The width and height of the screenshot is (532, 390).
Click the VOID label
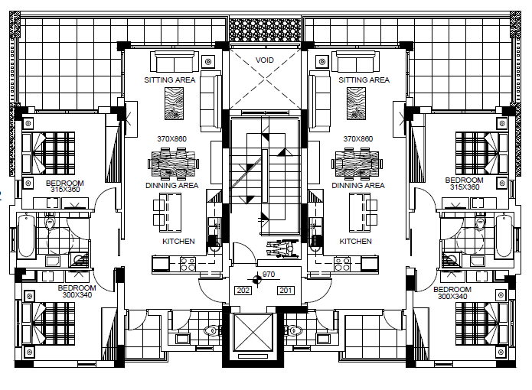tap(264, 60)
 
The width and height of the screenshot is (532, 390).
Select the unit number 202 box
tap(243, 291)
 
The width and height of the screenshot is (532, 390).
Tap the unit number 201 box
tap(286, 291)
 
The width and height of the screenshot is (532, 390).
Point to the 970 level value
tap(269, 274)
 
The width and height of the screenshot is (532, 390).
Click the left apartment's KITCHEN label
tap(178, 241)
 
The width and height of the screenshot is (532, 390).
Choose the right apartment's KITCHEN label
tap(356, 241)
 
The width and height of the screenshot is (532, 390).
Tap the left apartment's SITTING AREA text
tap(170, 80)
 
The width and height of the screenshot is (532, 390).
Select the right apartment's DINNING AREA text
tap(358, 185)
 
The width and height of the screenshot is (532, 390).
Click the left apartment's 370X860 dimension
tap(171, 138)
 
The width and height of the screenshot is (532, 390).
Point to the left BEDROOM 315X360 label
tap(65, 187)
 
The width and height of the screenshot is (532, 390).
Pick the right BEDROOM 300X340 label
tap(452, 293)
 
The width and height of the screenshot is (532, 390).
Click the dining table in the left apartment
tap(173, 164)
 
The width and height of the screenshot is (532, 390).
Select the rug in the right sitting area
tap(356, 103)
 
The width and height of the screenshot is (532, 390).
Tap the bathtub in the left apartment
tap(26, 236)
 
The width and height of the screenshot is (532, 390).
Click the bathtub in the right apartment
tap(504, 236)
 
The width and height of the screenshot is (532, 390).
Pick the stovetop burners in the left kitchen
tap(188, 264)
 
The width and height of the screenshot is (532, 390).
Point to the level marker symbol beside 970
tap(257, 280)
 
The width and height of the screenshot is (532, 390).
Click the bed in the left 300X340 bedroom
tap(48, 323)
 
